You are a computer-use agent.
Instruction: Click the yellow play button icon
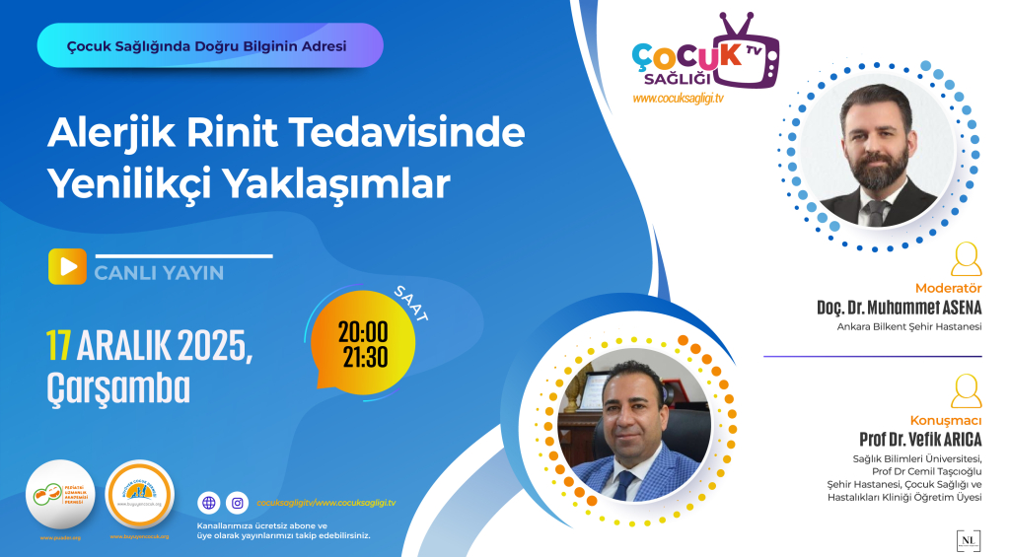(67, 267)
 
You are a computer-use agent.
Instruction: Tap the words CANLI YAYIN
(159, 273)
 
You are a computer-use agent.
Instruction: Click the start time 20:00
(363, 329)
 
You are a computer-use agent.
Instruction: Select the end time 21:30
(363, 355)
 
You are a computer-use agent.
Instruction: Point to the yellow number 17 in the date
(57, 346)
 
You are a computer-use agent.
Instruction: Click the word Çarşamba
(118, 388)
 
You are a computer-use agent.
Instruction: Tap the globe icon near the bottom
(208, 503)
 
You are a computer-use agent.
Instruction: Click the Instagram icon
(237, 503)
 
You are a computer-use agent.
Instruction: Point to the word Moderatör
(949, 288)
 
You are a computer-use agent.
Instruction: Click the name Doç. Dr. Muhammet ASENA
(900, 308)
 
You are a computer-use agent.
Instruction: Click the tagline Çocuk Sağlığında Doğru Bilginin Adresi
(206, 45)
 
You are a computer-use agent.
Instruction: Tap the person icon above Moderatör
(967, 259)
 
